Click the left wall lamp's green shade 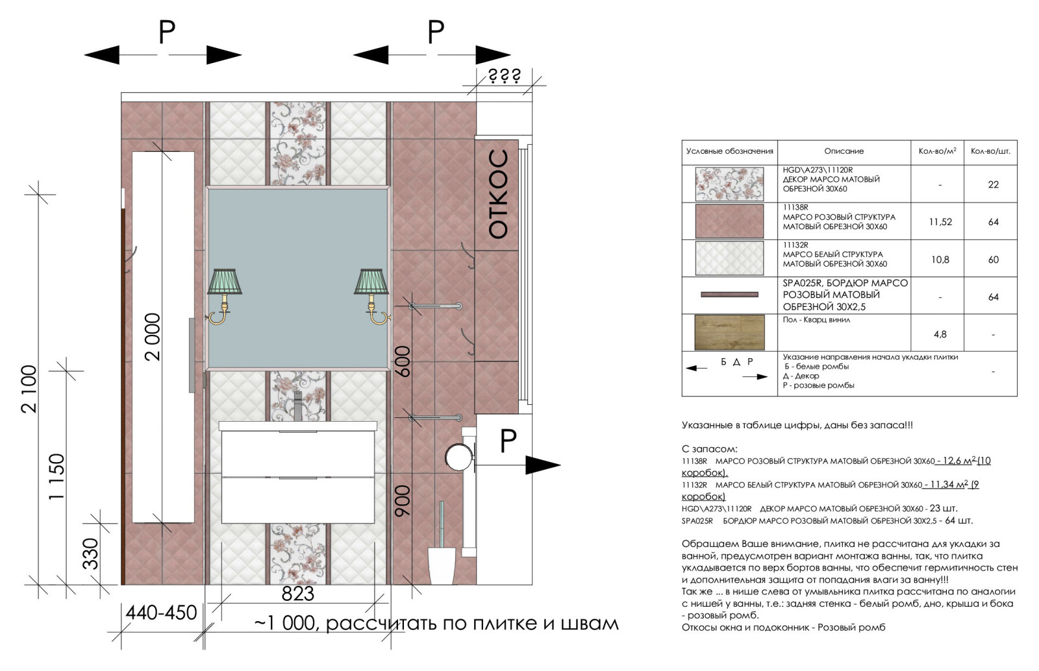[225, 281]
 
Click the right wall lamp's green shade [371, 281]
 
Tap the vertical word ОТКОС [499, 194]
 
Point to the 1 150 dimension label [56, 476]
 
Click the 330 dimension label [90, 554]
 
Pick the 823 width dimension [298, 594]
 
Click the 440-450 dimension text [162, 613]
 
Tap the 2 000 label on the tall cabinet [153, 337]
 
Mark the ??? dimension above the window [504, 76]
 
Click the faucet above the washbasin [298, 406]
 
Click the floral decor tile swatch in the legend [729, 184]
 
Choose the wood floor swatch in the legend [729, 332]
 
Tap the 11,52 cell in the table [940, 222]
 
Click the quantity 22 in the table [993, 184]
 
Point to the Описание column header [844, 151]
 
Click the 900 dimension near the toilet [402, 500]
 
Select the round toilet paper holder [458, 457]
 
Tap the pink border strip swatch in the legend [729, 294]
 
